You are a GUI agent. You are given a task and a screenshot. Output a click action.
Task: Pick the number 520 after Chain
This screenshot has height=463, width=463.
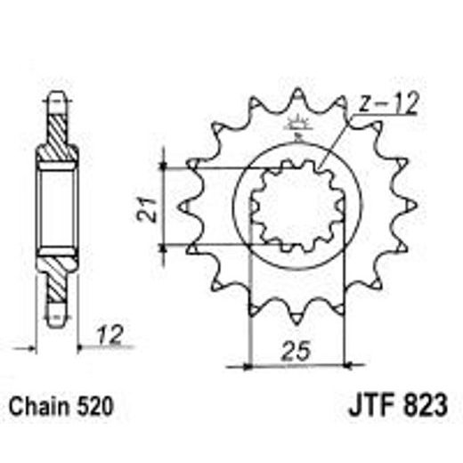coord(96,407)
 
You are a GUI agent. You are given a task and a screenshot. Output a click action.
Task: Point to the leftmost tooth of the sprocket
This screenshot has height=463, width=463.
coord(183,207)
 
